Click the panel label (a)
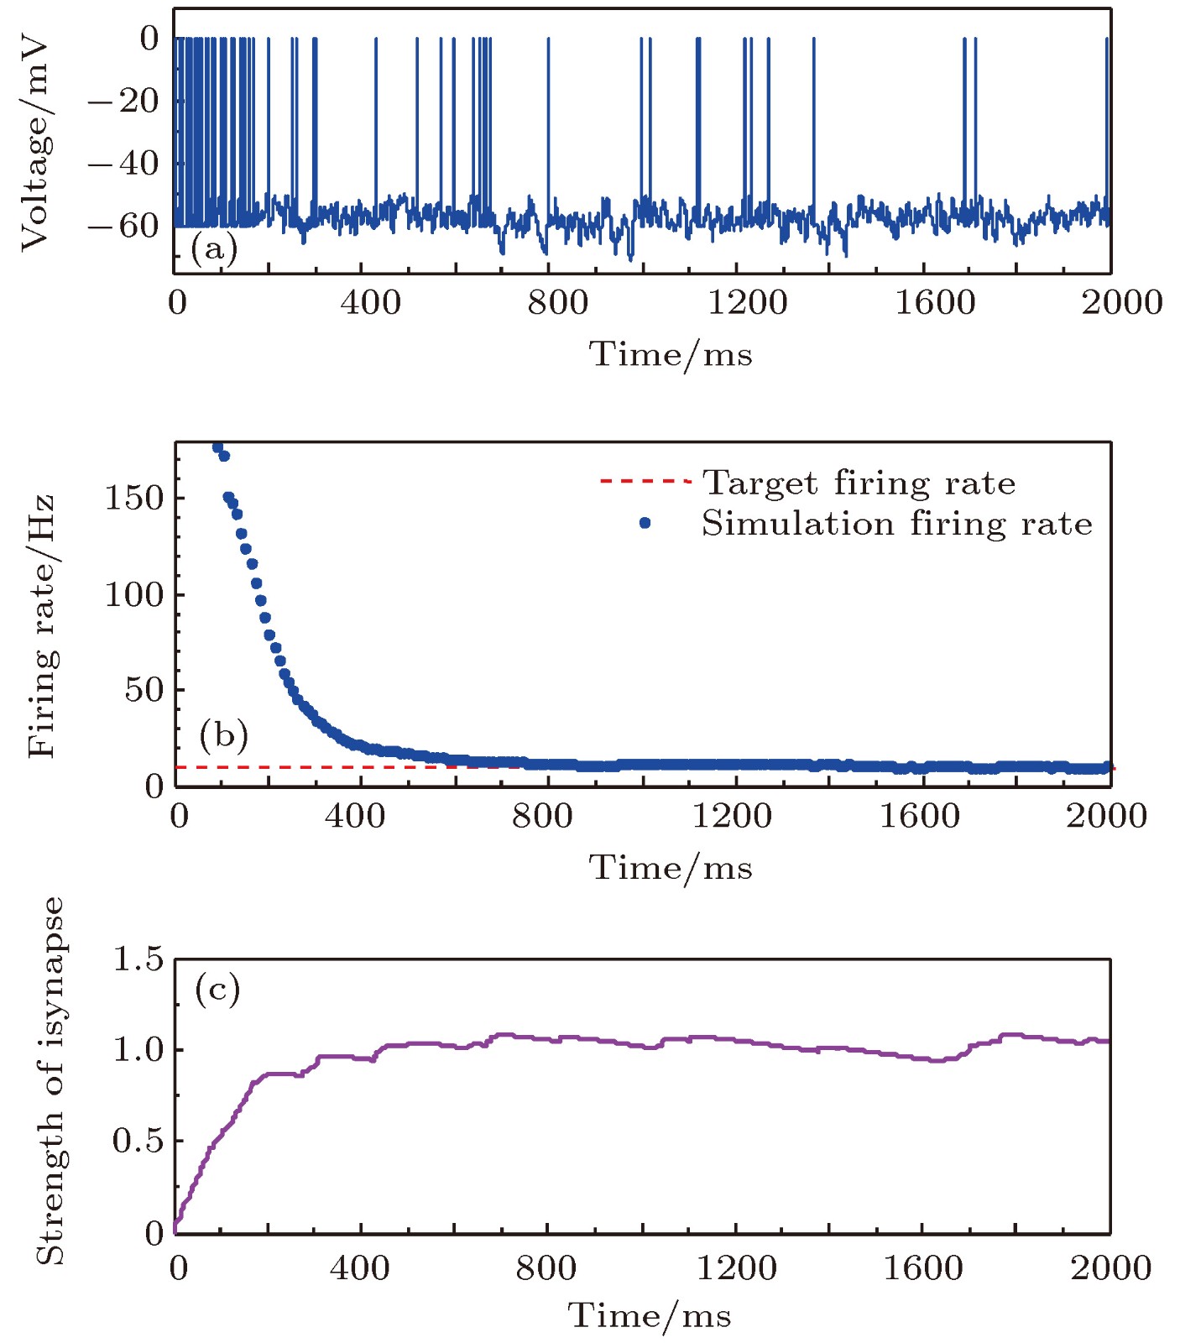click(x=214, y=249)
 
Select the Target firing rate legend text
click(x=859, y=483)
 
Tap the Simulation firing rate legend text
click(x=896, y=524)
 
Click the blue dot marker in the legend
click(x=645, y=523)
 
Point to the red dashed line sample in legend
click(x=645, y=482)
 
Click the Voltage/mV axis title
click(x=35, y=144)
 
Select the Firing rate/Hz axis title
click(x=40, y=626)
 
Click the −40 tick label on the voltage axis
click(x=123, y=163)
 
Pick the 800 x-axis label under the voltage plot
click(x=557, y=302)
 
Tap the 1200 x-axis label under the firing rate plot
click(x=731, y=815)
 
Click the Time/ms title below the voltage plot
click(x=670, y=354)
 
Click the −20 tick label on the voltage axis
click(x=123, y=101)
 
